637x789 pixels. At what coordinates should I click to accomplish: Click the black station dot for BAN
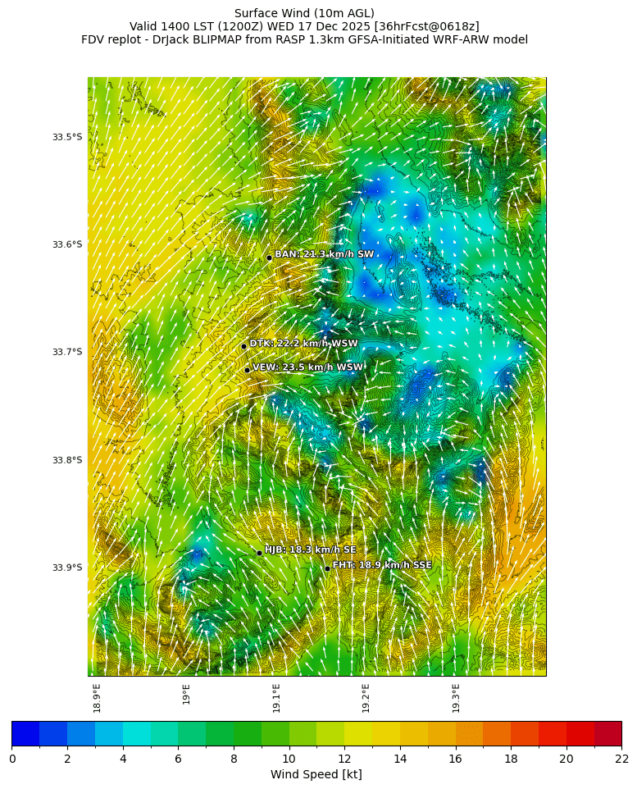click(269, 258)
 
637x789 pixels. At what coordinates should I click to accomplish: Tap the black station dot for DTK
click(243, 346)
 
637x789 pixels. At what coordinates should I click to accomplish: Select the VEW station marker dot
click(247, 370)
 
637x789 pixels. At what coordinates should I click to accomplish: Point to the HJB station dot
click(259, 553)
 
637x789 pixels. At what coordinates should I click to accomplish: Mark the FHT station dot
click(327, 568)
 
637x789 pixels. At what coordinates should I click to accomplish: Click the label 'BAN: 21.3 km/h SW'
click(324, 254)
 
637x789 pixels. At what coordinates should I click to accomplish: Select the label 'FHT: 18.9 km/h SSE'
click(382, 565)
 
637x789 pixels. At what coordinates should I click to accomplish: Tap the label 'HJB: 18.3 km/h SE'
click(310, 550)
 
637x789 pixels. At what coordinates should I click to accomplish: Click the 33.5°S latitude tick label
click(67, 137)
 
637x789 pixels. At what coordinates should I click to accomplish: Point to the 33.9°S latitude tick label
click(67, 568)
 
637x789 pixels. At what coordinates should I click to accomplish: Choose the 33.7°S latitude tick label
click(67, 352)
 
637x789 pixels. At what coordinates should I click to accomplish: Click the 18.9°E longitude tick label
click(98, 697)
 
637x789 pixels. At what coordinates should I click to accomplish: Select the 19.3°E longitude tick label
click(456, 697)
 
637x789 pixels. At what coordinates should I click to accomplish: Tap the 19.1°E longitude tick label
click(276, 697)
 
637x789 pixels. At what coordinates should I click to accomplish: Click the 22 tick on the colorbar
click(621, 759)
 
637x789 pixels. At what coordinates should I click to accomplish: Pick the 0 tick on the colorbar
click(12, 759)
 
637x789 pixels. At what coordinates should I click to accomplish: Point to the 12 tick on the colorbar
click(344, 759)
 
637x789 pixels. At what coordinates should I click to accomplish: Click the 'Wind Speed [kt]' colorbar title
click(316, 774)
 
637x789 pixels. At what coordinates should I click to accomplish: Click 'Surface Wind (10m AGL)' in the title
click(304, 13)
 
